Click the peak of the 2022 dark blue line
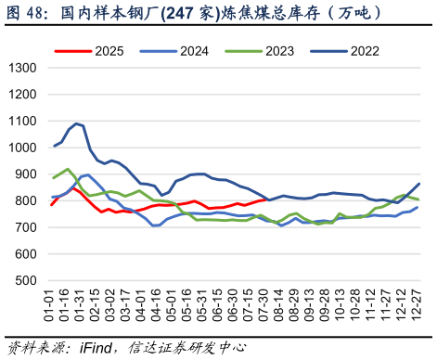75,122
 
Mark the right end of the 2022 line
418,184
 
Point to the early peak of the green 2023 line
68,169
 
